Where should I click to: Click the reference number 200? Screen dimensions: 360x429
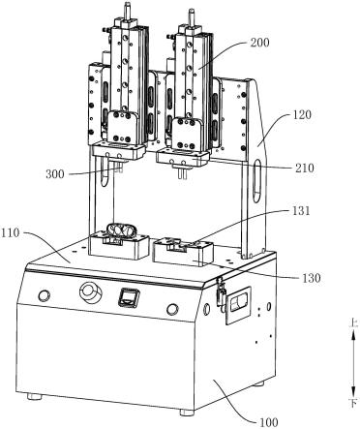point(259,43)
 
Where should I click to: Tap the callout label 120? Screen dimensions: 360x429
point(302,115)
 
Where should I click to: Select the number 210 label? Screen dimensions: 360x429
point(305,168)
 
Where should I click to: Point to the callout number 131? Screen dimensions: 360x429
point(300,211)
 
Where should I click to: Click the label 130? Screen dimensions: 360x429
point(312,278)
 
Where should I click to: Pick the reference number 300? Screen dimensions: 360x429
point(55,174)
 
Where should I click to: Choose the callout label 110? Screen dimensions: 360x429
point(11,232)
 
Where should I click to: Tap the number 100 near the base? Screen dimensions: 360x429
point(268,422)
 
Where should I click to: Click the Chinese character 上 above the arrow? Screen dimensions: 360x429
point(353,323)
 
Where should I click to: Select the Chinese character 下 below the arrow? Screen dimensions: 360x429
point(353,403)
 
